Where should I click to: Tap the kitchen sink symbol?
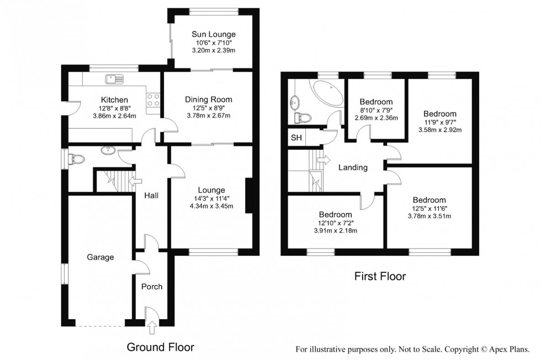coord(116,78)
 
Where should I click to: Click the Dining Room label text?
coord(208,99)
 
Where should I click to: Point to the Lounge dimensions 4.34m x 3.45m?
coord(209,207)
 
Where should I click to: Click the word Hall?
coord(151,195)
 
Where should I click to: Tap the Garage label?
coord(100,257)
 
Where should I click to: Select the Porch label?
coord(151,287)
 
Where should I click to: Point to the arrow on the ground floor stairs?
coord(132,179)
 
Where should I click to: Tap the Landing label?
coord(353,167)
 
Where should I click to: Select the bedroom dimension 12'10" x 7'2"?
coord(335,223)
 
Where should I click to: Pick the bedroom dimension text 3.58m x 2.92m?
coord(440,130)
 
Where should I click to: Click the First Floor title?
coord(380,276)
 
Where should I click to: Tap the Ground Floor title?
coord(160,347)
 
